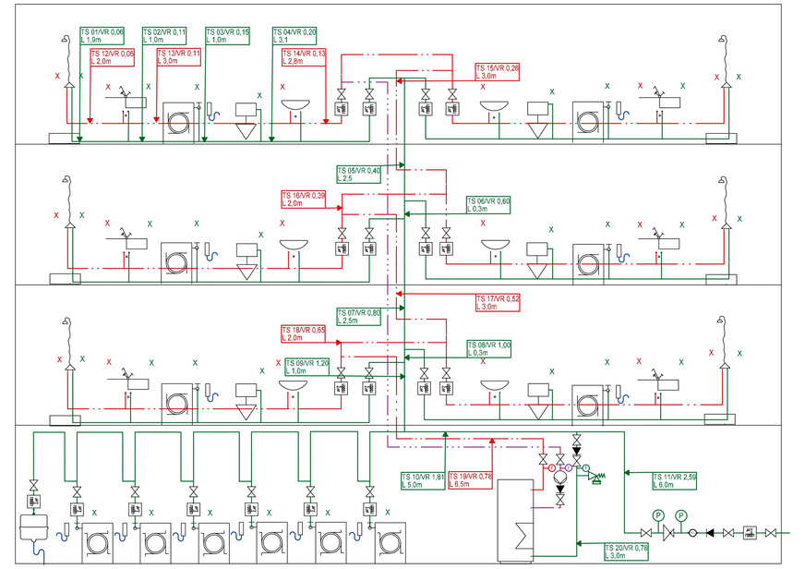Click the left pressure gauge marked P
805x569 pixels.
point(658,515)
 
